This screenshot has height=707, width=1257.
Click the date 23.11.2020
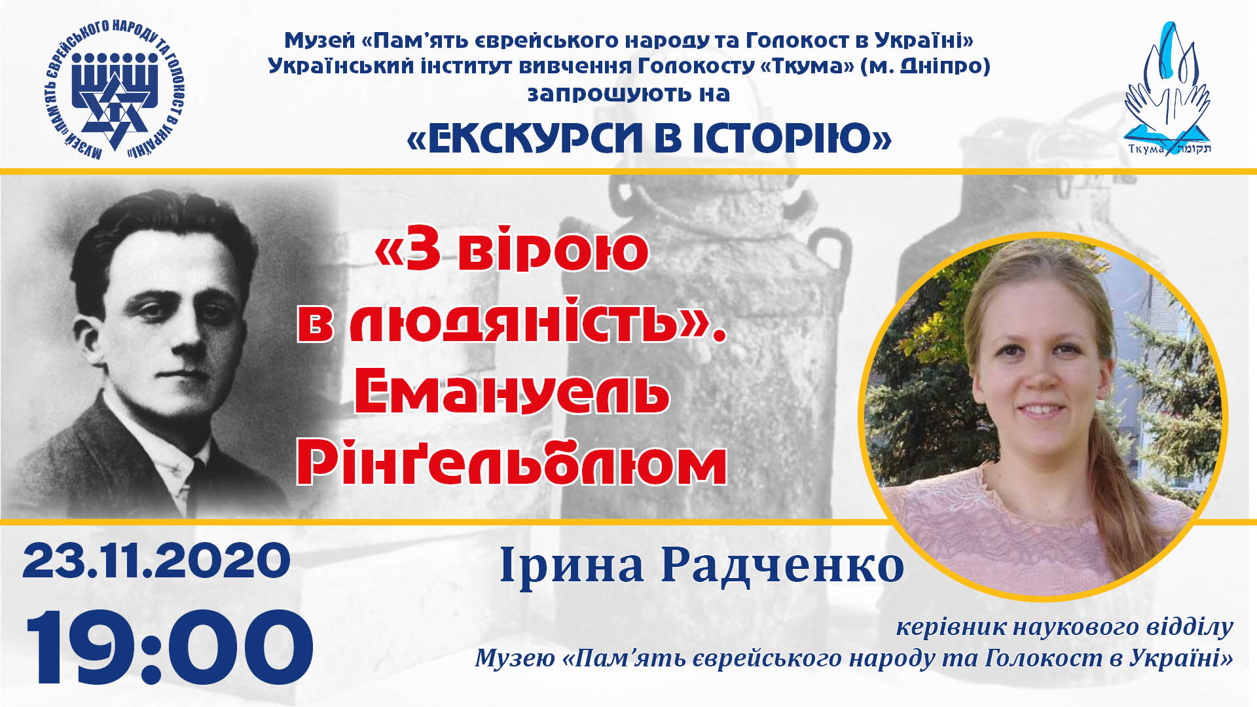coord(156,561)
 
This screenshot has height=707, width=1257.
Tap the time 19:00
coord(170,647)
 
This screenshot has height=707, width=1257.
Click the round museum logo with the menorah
coord(115,90)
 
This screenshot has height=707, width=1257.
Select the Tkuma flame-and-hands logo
coord(1167,88)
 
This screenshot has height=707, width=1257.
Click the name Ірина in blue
coord(571,564)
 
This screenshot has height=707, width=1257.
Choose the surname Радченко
coord(782,564)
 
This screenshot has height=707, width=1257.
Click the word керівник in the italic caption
coord(949,626)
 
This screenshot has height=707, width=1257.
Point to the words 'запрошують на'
coord(628,94)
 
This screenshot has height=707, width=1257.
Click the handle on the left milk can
coord(828,262)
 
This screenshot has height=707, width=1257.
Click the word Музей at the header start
coord(319,40)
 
